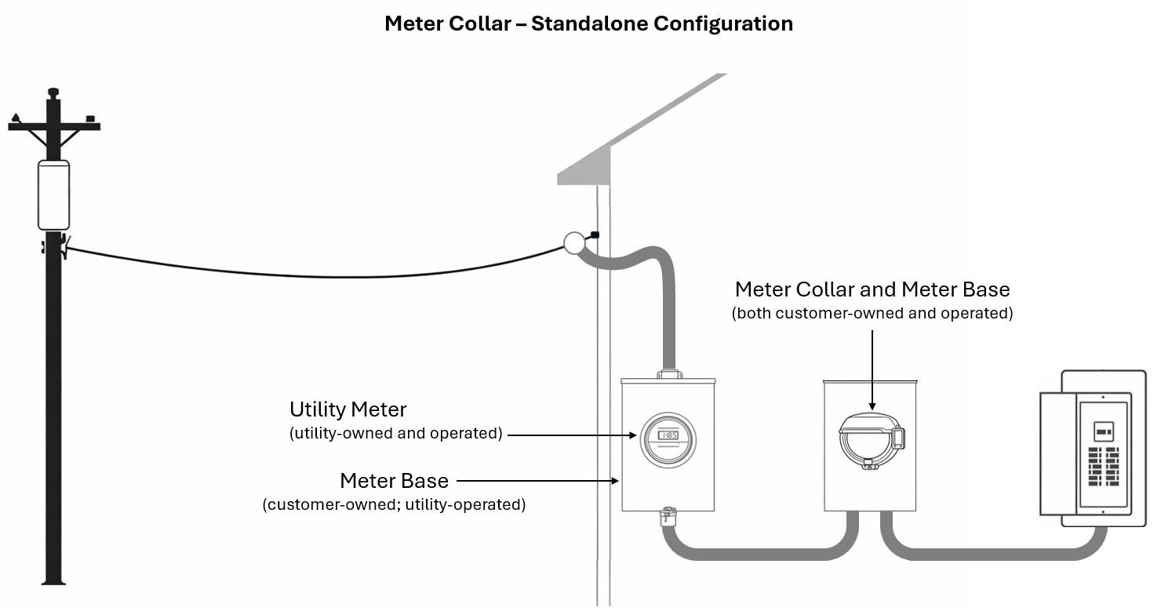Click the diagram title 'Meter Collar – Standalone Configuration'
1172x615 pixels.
click(588, 24)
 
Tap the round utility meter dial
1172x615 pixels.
click(667, 440)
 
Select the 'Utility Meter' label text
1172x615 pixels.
click(348, 409)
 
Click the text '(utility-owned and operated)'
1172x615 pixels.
click(395, 433)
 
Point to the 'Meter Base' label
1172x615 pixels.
click(394, 480)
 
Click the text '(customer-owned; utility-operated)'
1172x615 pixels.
click(394, 504)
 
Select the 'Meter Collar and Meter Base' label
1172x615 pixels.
click(872, 289)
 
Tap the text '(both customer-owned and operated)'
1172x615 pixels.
click(872, 314)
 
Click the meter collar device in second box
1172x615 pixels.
click(871, 440)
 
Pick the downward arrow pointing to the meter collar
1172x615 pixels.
click(872, 369)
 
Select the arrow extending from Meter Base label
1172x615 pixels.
click(537, 480)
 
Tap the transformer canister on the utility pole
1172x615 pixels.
click(53, 195)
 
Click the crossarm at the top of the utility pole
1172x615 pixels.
click(53, 126)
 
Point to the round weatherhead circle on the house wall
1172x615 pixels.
click(574, 243)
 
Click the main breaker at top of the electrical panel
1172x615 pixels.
click(1103, 431)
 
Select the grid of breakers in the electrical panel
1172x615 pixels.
click(1103, 466)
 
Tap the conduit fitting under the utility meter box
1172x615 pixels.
click(668, 517)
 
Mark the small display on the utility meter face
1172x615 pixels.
click(668, 435)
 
